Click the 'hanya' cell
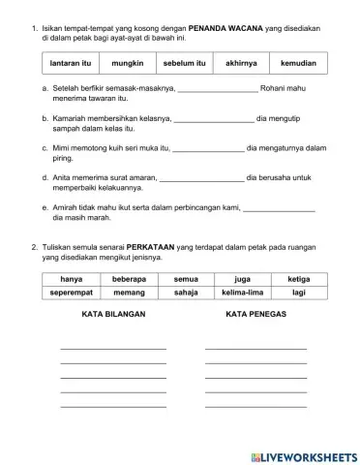pos(71,279)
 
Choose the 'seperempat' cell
pos(71,292)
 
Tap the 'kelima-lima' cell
pos(240,292)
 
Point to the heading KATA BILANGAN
pos(114,316)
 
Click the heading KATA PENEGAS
pos(255,316)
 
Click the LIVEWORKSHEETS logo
pos(303,456)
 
